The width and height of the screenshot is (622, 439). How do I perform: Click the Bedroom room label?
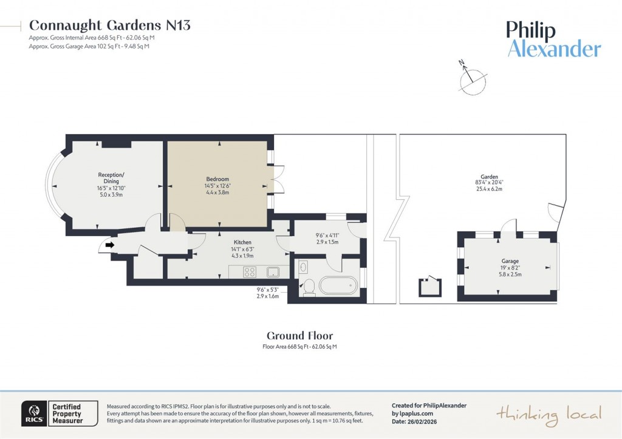click(x=217, y=179)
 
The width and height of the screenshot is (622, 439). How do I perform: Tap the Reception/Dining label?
click(x=111, y=178)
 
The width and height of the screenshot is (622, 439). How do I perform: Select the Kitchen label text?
click(x=243, y=242)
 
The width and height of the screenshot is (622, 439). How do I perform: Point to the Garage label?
click(x=510, y=261)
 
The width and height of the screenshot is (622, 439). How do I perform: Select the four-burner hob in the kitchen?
click(x=250, y=271)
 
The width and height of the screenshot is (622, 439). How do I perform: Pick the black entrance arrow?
click(x=109, y=245)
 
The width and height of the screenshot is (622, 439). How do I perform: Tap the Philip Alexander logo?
click(x=553, y=39)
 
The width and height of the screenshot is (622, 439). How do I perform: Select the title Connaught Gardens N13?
click(x=109, y=25)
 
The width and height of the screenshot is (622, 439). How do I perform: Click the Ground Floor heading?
click(x=299, y=336)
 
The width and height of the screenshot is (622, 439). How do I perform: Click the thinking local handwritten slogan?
click(x=549, y=414)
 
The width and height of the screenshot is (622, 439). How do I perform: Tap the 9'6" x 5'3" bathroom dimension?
click(x=267, y=290)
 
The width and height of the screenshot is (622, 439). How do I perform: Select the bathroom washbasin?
click(x=304, y=267)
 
